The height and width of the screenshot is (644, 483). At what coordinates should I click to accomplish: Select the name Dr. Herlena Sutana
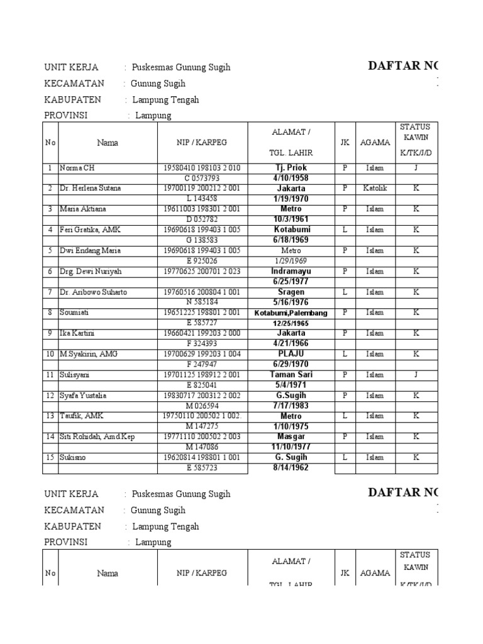click(90, 189)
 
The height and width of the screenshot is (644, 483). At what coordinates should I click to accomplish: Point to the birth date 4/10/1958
click(290, 178)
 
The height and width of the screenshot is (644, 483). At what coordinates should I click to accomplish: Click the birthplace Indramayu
click(290, 271)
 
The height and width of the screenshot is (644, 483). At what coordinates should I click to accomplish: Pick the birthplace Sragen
click(290, 292)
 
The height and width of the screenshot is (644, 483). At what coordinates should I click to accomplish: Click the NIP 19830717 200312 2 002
click(202, 396)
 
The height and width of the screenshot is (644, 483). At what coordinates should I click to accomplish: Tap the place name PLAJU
click(290, 354)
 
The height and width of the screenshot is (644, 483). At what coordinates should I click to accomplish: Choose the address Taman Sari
click(290, 375)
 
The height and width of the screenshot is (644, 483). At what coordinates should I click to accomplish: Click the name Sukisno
click(74, 458)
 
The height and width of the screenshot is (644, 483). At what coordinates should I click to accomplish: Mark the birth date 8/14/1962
click(290, 468)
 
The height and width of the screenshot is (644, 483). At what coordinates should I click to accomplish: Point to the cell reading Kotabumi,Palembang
click(291, 313)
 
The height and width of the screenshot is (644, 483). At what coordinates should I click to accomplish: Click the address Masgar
click(290, 436)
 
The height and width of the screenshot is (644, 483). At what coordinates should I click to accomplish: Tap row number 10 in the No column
click(50, 354)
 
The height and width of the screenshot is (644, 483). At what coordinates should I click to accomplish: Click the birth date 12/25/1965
click(290, 323)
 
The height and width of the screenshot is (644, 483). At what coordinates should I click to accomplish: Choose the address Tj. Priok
click(290, 168)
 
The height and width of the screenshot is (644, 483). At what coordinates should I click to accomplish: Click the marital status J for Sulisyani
click(416, 375)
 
